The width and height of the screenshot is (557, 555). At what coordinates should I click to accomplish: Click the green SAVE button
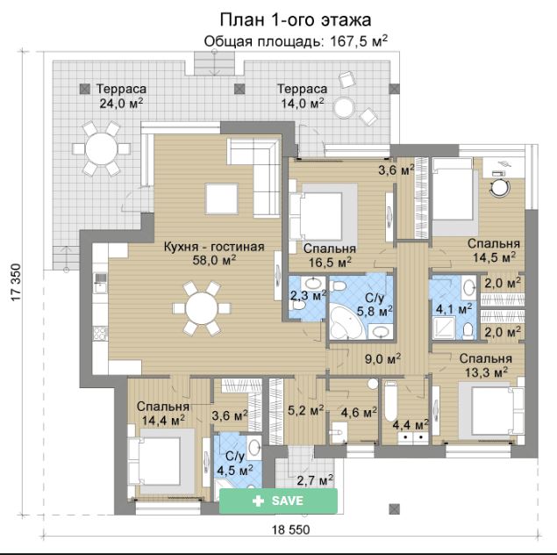point(278,501)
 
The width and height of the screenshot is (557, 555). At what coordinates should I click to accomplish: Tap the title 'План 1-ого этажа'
point(296,20)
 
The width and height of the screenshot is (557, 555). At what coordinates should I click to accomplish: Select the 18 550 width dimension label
point(291,530)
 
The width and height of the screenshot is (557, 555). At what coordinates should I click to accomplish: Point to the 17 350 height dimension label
point(16,283)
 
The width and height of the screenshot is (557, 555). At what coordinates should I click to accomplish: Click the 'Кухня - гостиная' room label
point(214,247)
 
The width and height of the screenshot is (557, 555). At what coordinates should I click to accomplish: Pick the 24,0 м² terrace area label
point(122,103)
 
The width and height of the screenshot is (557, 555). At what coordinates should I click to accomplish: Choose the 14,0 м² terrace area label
point(303,103)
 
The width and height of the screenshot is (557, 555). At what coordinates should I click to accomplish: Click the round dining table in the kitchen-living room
point(202,308)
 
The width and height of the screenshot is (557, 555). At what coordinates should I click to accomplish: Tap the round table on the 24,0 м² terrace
point(102,148)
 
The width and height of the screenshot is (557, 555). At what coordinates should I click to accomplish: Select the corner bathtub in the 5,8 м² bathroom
point(344,322)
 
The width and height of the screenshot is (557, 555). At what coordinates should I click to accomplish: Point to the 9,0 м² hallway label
point(383,358)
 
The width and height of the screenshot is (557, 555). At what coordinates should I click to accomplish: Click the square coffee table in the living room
point(222,198)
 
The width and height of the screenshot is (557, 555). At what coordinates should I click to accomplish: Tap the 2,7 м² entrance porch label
point(315,481)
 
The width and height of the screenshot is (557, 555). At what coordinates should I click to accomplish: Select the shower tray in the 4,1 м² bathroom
point(444,327)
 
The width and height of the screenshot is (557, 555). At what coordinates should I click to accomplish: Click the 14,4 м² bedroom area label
point(163,421)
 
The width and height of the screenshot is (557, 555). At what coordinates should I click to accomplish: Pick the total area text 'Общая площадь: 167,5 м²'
point(296,41)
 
